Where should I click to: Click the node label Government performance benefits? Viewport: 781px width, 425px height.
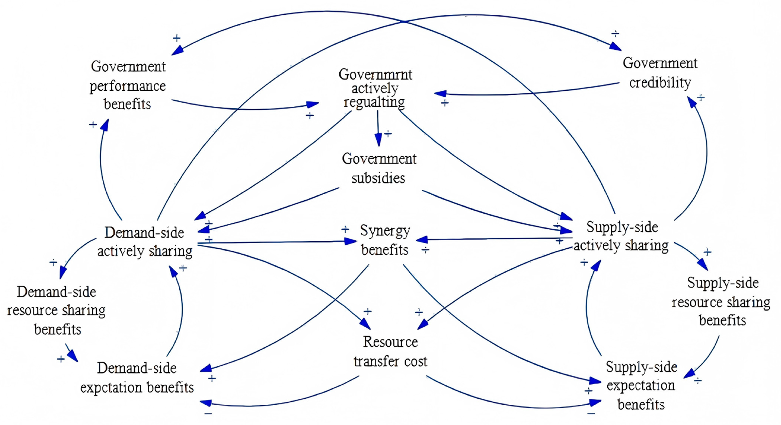click(x=128, y=85)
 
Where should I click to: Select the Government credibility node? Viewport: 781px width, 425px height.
click(x=660, y=73)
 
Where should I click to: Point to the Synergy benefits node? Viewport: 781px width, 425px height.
click(x=385, y=240)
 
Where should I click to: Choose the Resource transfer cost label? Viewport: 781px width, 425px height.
click(x=390, y=352)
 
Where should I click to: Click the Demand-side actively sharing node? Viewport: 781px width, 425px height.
click(x=145, y=242)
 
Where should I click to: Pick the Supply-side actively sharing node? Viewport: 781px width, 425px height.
click(x=622, y=236)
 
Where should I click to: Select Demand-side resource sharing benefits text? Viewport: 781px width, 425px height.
click(x=56, y=310)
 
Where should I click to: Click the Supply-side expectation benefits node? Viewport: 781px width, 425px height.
click(x=641, y=386)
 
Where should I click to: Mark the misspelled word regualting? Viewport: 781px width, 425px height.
click(x=374, y=102)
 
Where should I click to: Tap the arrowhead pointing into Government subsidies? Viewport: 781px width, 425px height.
click(x=378, y=141)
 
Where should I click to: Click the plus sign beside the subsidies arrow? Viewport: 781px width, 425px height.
click(x=388, y=134)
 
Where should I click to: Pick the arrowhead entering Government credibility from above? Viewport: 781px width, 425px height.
click(x=615, y=46)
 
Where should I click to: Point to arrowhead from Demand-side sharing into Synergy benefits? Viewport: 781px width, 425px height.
click(x=351, y=241)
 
